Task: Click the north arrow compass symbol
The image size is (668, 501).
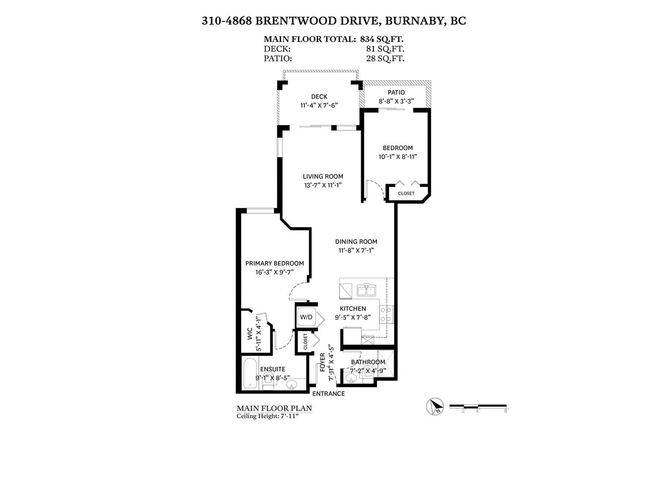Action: (x=435, y=406)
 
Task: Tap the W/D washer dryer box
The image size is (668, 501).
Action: (x=306, y=317)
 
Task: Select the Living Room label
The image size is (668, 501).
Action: (x=323, y=177)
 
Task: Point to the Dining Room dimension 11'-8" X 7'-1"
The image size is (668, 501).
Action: (x=356, y=250)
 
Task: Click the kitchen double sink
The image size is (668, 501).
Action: (x=366, y=290)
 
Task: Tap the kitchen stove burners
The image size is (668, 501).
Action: (x=386, y=314)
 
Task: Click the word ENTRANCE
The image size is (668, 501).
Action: (x=329, y=394)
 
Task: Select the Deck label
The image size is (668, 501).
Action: (x=319, y=96)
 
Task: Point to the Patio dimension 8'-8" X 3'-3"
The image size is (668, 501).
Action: (x=396, y=101)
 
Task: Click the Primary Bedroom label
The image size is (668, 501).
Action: (x=274, y=263)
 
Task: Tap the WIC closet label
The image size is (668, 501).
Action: (x=250, y=334)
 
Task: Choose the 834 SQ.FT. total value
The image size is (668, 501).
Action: (x=382, y=39)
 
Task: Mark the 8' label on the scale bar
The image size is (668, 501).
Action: (x=506, y=411)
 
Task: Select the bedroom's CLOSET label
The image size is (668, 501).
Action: (x=406, y=193)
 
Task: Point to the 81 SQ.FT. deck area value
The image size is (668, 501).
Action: (x=385, y=49)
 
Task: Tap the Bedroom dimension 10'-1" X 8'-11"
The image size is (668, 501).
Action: (x=397, y=157)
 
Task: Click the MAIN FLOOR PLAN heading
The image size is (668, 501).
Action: (x=274, y=408)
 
